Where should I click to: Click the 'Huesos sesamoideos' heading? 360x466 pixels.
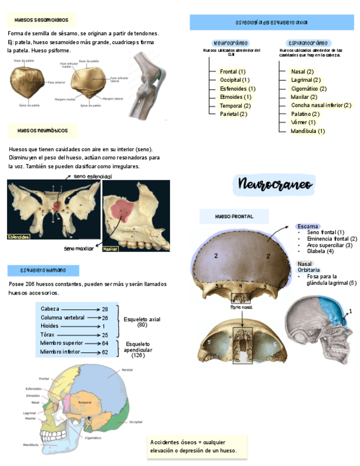click(x=42, y=20)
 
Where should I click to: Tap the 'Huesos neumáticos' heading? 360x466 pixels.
click(x=42, y=131)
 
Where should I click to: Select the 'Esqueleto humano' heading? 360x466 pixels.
click(x=43, y=270)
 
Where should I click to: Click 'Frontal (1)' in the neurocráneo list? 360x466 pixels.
click(x=232, y=71)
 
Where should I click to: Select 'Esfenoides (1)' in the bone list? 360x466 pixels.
click(x=237, y=88)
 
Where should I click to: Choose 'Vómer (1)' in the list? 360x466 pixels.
click(x=303, y=122)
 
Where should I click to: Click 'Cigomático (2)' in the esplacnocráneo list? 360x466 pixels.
click(x=309, y=88)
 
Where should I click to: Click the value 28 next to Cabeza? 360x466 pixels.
click(x=104, y=309)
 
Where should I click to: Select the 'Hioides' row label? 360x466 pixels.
click(x=49, y=326)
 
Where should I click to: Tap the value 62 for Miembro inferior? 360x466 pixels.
click(x=104, y=352)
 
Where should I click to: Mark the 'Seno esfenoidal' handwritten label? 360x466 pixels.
click(x=92, y=176)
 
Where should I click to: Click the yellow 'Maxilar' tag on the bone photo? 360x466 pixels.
click(x=110, y=249)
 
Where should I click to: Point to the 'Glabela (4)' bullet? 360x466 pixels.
click(x=320, y=251)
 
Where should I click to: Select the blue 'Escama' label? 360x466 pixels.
click(x=307, y=226)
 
